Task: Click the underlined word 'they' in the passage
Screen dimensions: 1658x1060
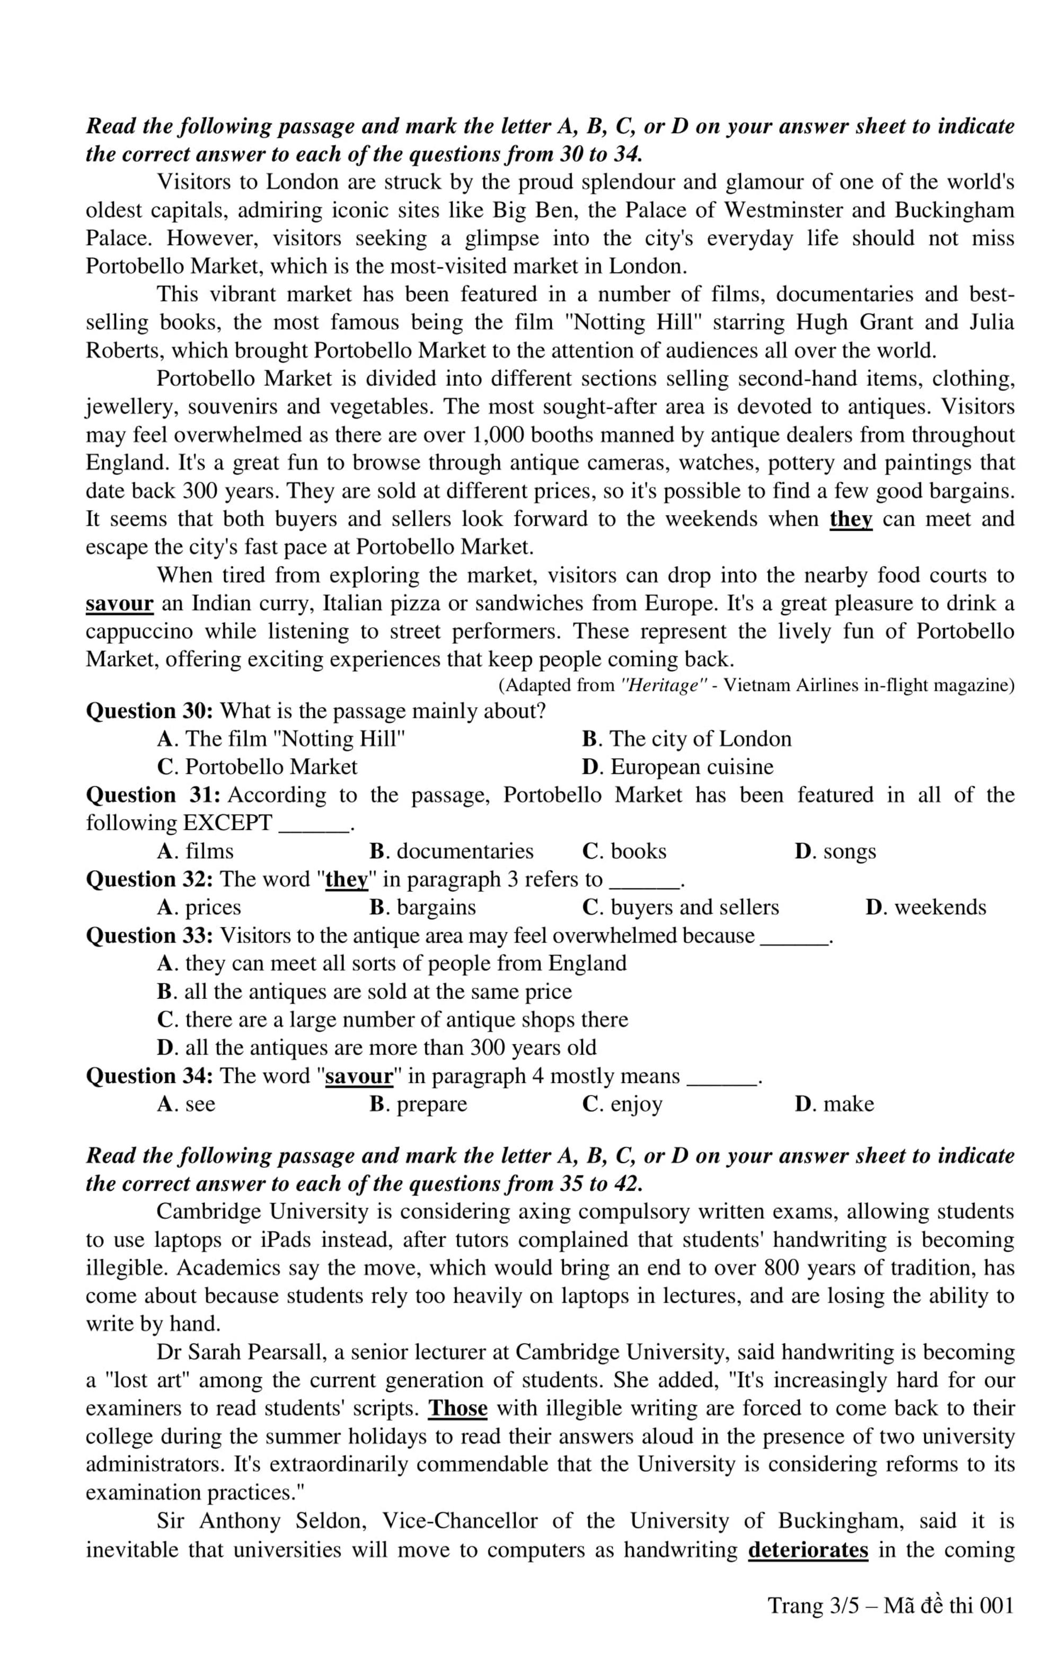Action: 851,519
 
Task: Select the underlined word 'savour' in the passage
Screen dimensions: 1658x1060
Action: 119,604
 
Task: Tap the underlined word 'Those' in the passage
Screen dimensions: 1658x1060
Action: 458,1408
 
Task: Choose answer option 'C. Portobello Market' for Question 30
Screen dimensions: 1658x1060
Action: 258,767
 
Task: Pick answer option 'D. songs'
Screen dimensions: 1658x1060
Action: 835,852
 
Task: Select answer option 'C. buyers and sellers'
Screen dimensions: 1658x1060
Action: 680,908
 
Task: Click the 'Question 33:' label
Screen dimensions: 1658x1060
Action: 149,936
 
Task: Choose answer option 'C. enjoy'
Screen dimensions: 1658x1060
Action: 622,1104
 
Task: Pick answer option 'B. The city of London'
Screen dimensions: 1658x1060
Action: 686,739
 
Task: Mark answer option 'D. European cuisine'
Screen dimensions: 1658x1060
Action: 677,767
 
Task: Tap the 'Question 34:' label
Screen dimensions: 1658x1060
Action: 149,1076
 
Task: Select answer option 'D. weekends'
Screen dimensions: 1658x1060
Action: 926,908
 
